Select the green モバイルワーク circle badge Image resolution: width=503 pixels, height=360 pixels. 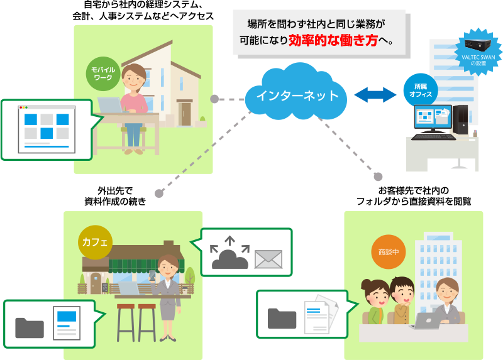click(x=102, y=73)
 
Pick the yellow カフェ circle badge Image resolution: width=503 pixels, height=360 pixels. click(x=95, y=241)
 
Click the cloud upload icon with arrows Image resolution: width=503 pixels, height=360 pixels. click(x=229, y=253)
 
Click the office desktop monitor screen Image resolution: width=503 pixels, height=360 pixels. click(x=433, y=117)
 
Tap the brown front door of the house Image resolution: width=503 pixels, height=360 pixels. click(x=185, y=113)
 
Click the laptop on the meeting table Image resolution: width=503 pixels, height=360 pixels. click(x=426, y=322)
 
